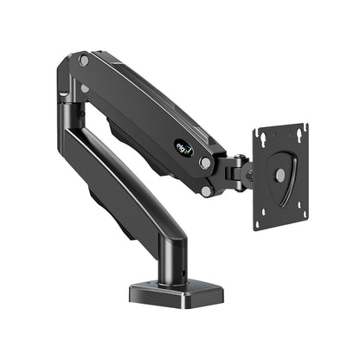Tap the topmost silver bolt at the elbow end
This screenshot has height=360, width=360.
pyautogui.click(x=83, y=60)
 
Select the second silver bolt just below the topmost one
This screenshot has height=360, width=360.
pyautogui.click(x=85, y=87)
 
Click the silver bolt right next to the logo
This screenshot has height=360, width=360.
pyautogui.click(x=204, y=162)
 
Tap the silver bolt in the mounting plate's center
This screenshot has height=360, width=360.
pyautogui.click(x=280, y=174)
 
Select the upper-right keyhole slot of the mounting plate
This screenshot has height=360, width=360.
pyautogui.click(x=299, y=132)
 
